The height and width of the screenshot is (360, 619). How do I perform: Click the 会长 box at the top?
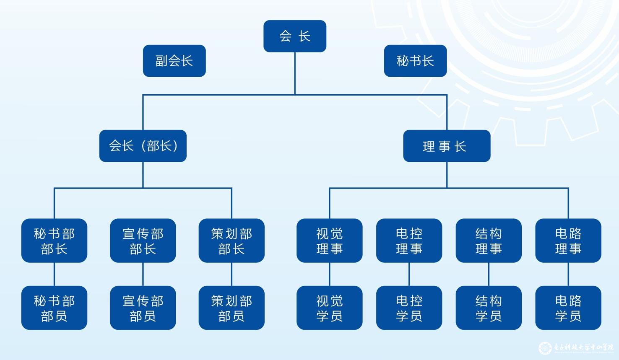295,36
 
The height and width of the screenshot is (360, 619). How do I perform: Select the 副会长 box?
174,61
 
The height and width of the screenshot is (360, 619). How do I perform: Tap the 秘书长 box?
415,61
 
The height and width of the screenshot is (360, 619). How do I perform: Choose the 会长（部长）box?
143,146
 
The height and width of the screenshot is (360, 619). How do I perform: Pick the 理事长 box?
447,146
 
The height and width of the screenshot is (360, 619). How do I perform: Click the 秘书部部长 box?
54,241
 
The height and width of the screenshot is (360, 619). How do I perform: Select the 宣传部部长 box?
143,241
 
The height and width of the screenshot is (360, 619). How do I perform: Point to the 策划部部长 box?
231,241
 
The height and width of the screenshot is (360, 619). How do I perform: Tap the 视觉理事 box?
329,241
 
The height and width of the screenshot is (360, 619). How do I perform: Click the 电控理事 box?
409,241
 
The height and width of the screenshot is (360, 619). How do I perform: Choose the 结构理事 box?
489,241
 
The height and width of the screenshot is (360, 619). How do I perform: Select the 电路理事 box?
568,241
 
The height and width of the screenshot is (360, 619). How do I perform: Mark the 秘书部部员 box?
54,308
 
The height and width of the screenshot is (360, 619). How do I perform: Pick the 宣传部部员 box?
143,308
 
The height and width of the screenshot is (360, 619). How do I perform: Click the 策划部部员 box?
231,308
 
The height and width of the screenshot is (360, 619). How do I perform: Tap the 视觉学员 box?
329,308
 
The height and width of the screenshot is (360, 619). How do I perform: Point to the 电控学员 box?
409,308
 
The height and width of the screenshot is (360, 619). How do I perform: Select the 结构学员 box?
489,308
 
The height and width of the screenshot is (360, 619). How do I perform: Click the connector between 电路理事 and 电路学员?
568,274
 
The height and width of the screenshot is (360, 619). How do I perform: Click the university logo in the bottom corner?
545,348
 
